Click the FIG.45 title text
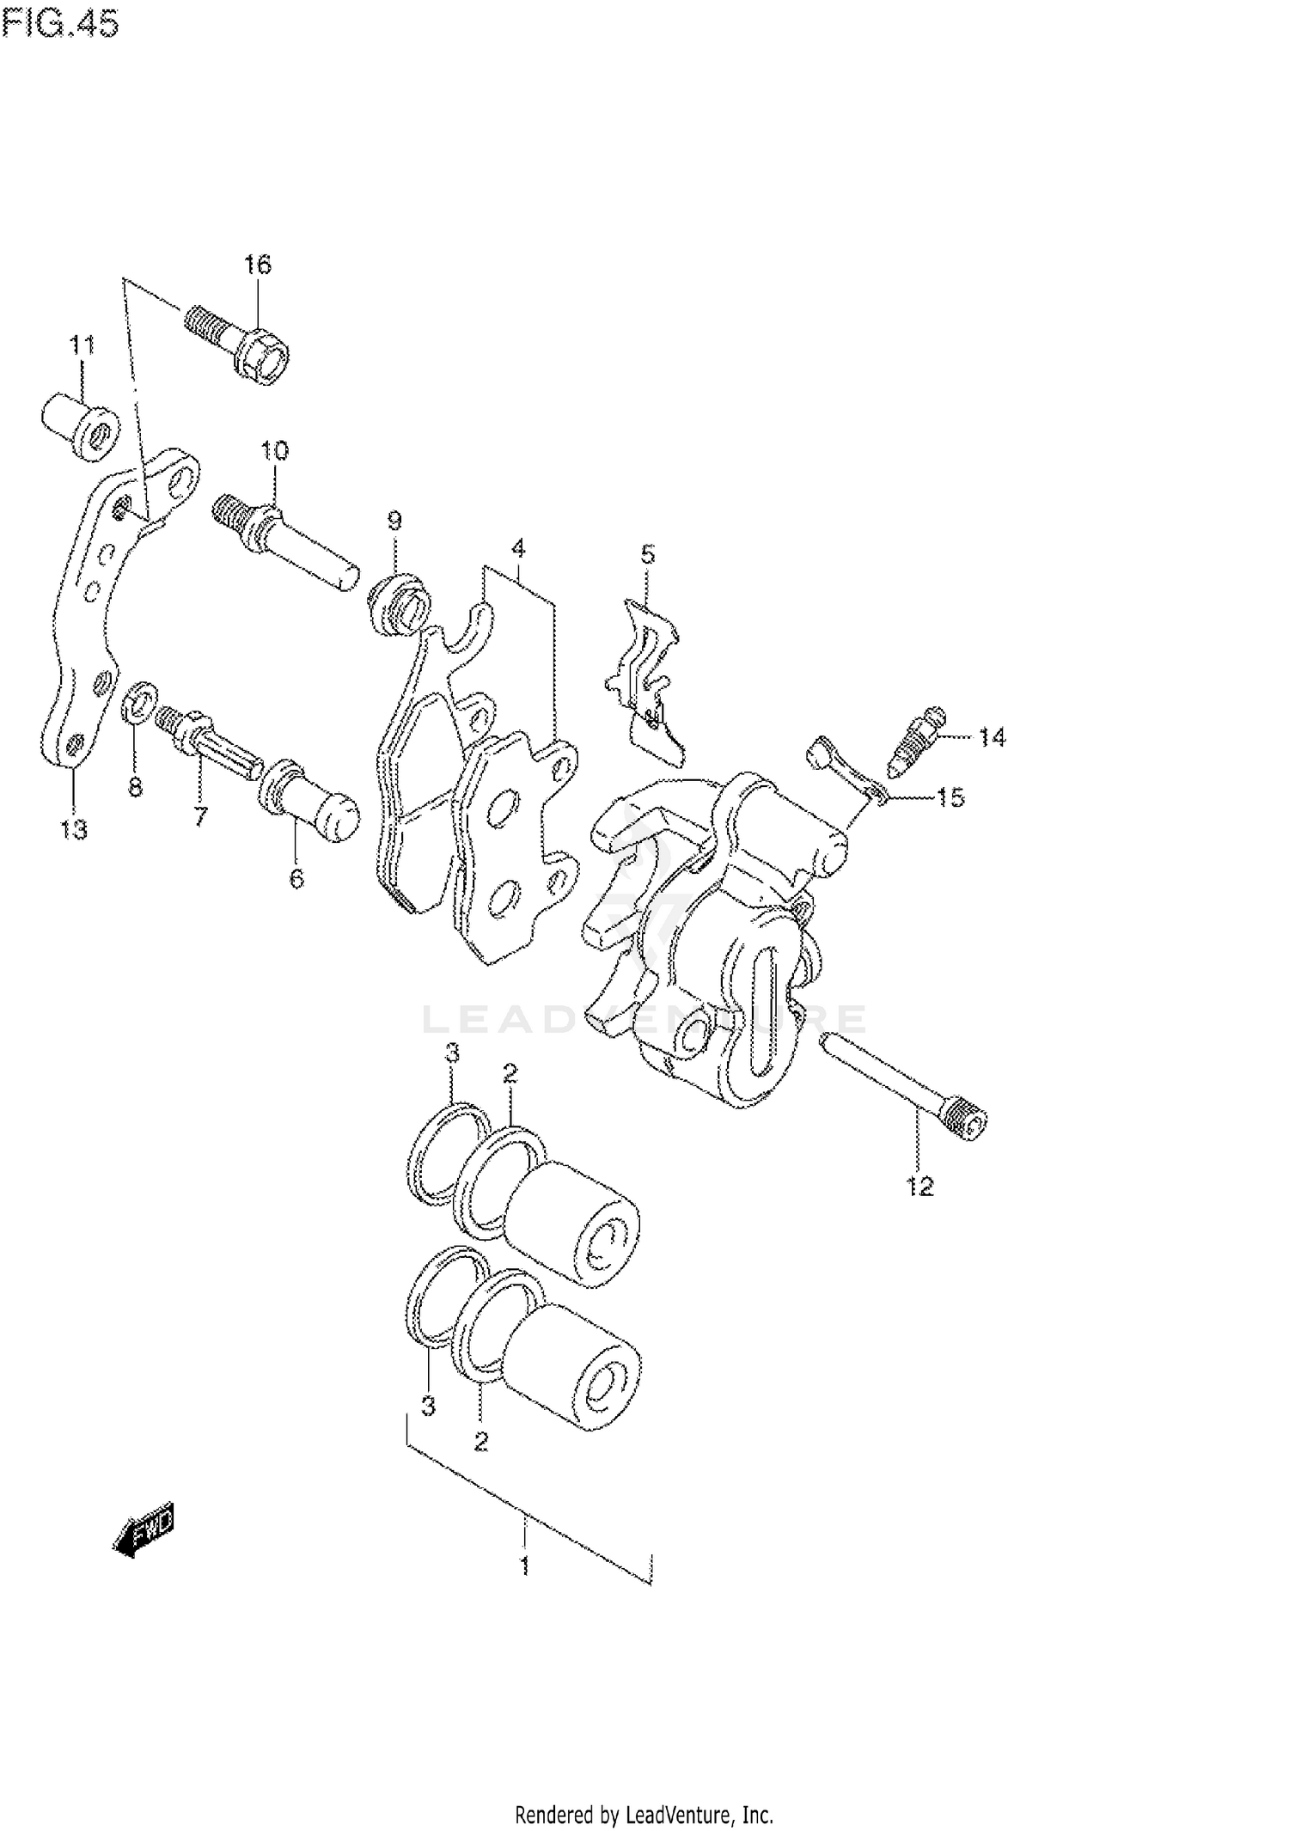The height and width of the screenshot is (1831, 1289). tap(60, 24)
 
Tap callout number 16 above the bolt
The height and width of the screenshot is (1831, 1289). tap(257, 265)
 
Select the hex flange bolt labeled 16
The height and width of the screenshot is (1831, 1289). tap(241, 348)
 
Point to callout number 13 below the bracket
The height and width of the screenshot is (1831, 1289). tap(74, 830)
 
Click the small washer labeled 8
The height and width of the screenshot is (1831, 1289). tap(140, 701)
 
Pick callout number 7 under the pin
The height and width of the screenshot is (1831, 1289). tap(200, 815)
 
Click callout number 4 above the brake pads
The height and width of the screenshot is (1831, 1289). tap(517, 547)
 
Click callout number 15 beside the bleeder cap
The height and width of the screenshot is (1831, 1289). tap(950, 798)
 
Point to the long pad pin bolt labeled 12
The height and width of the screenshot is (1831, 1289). tap(902, 1087)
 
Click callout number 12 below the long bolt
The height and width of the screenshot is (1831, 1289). tap(919, 1187)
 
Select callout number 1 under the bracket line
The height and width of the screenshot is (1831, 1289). tap(524, 1566)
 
